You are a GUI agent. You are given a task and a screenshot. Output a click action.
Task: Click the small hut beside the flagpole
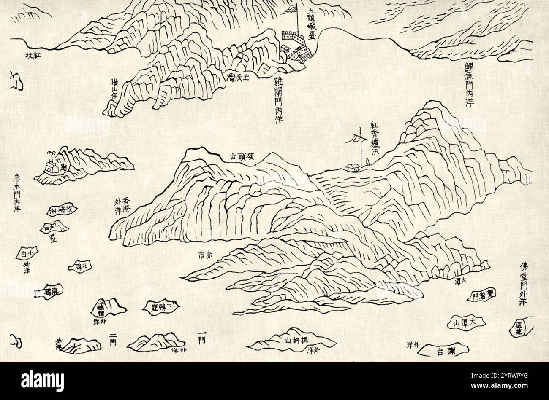351,168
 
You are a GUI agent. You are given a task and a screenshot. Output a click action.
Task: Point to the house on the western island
52,167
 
